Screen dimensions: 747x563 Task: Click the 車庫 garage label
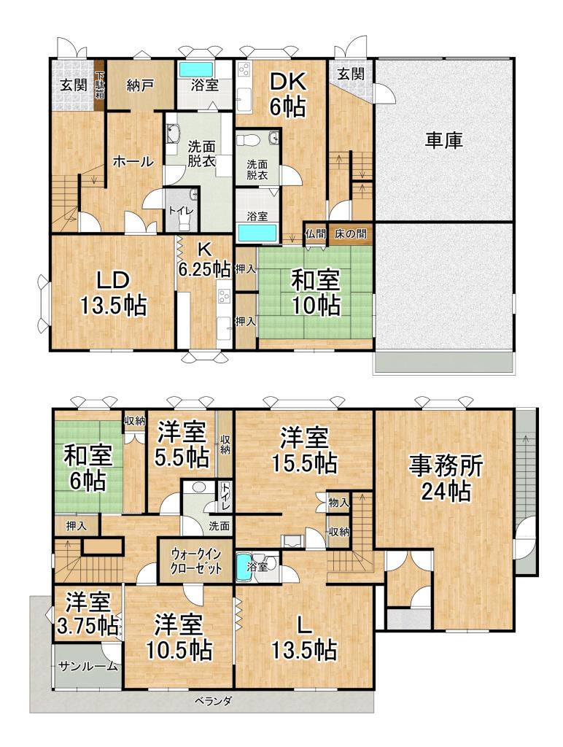pyautogui.click(x=444, y=140)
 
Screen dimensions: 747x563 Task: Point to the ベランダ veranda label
pyautogui.click(x=214, y=702)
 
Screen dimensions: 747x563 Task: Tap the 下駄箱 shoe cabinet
pyautogui.click(x=101, y=85)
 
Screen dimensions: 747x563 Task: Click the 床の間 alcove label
pyautogui.click(x=350, y=235)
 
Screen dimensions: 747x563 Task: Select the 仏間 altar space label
pyautogui.click(x=315, y=235)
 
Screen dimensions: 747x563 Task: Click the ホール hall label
pyautogui.click(x=133, y=163)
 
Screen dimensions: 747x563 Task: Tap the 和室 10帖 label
pyautogui.click(x=315, y=292)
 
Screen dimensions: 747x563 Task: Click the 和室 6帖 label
pyautogui.click(x=86, y=468)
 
